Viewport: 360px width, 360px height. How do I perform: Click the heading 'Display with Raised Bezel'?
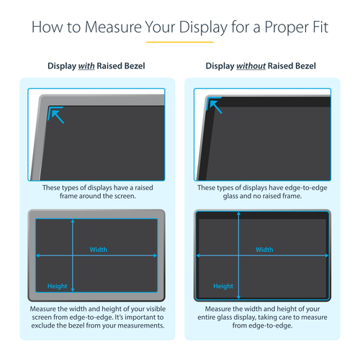click(96, 66)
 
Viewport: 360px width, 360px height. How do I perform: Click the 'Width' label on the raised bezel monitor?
click(99, 250)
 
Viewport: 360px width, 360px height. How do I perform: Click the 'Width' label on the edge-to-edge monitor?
click(264, 250)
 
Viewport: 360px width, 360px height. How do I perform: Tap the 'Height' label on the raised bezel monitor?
click(58, 286)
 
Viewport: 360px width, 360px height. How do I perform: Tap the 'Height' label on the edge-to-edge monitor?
click(223, 286)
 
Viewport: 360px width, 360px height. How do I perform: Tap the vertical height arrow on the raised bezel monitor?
click(72, 256)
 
